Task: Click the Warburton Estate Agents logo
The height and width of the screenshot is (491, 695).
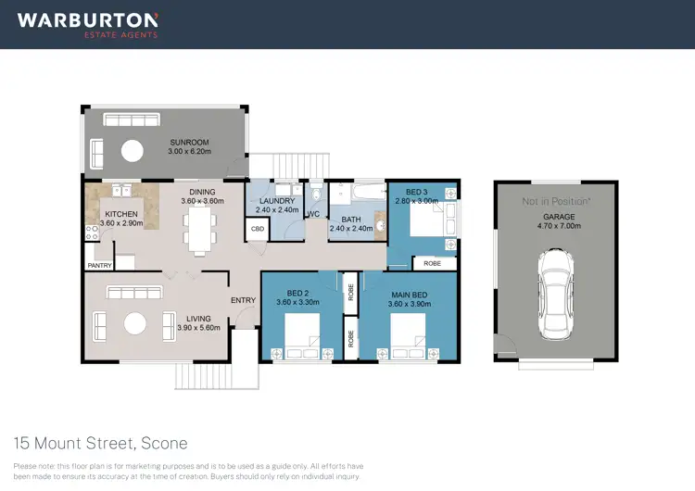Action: (x=88, y=24)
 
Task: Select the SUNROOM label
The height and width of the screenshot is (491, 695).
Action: (x=190, y=142)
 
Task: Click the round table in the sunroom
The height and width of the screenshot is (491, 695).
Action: (x=134, y=150)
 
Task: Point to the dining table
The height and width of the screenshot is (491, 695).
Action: (x=198, y=228)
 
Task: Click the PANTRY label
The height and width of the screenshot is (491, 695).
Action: (x=99, y=266)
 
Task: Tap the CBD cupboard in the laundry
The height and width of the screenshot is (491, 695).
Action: (x=255, y=229)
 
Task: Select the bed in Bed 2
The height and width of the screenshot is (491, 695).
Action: (x=303, y=336)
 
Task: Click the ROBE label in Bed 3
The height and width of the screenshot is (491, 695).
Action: (x=432, y=263)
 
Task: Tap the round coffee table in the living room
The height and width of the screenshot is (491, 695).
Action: (x=136, y=322)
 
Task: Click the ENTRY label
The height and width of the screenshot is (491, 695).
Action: (x=243, y=300)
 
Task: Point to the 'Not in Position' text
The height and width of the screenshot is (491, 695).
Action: (x=556, y=201)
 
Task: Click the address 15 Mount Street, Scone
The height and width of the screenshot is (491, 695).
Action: (x=100, y=443)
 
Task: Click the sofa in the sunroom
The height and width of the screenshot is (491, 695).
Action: (x=130, y=120)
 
